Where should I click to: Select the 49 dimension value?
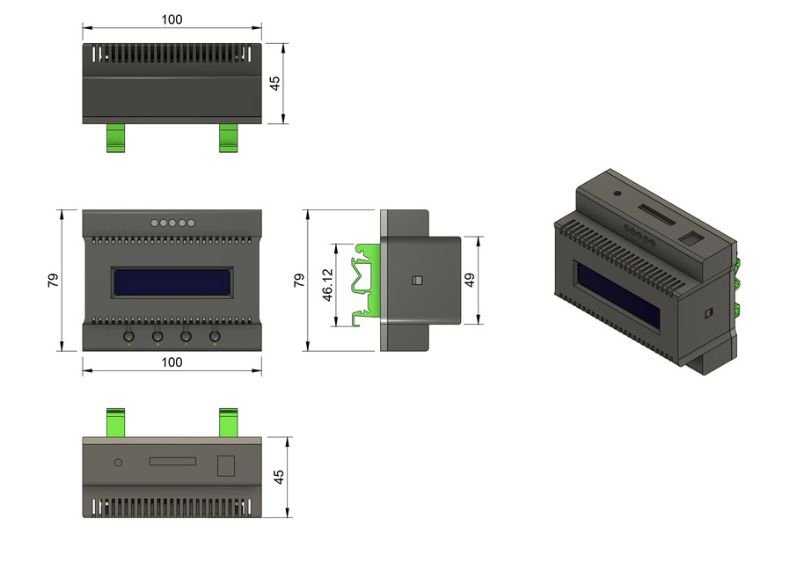[x=470, y=281]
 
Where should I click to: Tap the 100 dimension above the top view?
[x=172, y=19]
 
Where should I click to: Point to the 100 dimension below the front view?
[x=172, y=362]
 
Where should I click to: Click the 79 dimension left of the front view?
[x=53, y=281]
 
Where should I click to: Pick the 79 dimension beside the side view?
[x=298, y=281]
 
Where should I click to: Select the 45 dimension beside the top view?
[x=274, y=83]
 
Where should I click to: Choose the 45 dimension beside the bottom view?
[x=279, y=477]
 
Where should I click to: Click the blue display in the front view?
[x=172, y=282]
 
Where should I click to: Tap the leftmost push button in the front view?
[x=129, y=335]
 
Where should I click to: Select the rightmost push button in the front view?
[x=215, y=335]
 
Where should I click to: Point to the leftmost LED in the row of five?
[x=154, y=223]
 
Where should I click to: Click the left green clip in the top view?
[x=116, y=137]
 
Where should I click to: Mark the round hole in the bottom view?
[x=118, y=461]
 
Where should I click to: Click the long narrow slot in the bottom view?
[x=174, y=461]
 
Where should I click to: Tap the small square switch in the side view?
[x=418, y=281]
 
